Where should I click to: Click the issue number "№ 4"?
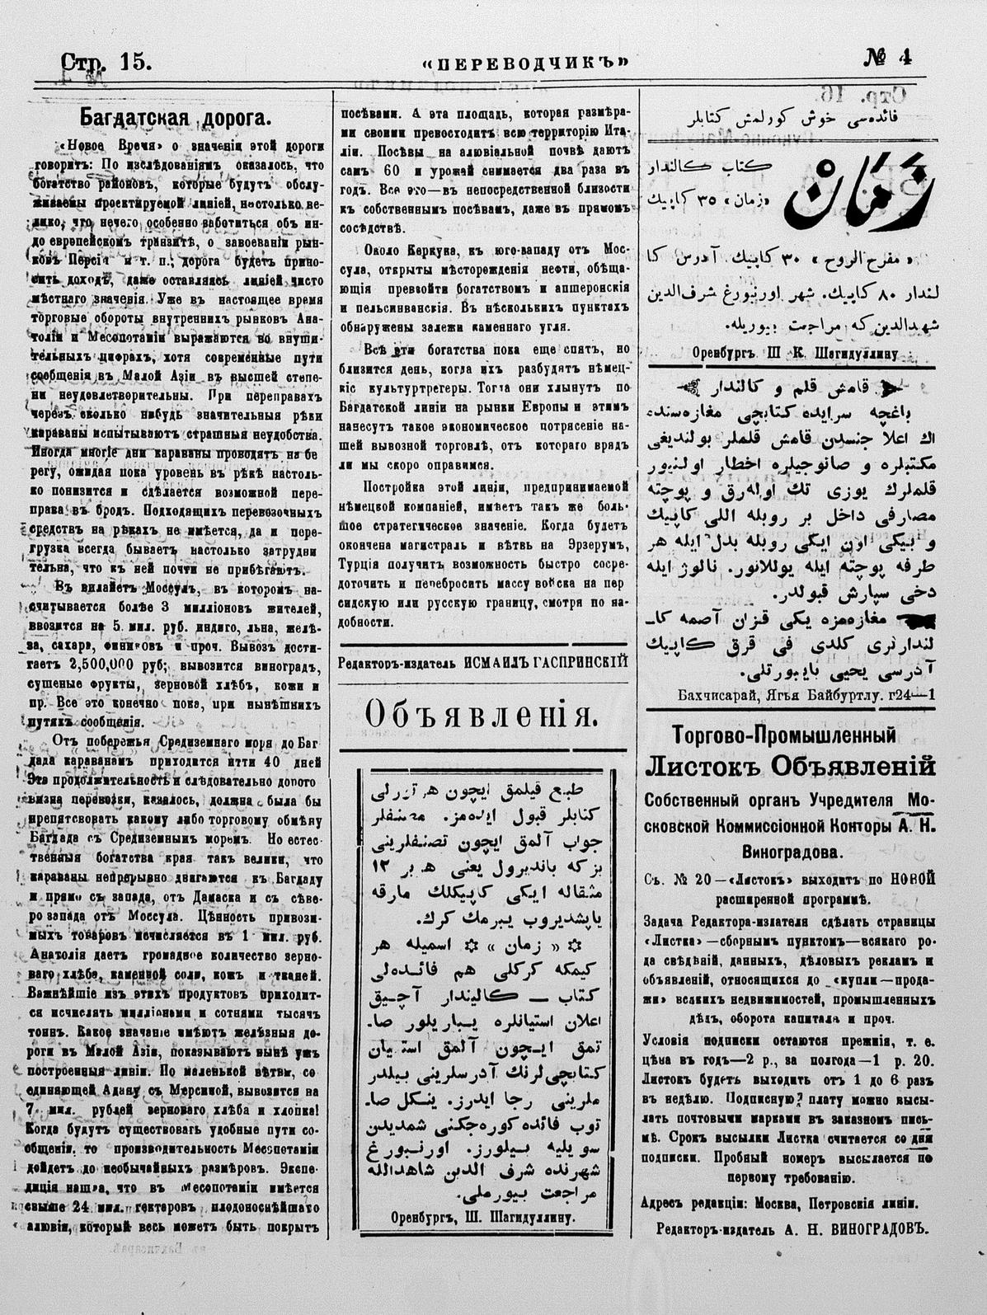click(887, 58)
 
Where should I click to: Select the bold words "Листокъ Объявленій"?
click(790, 767)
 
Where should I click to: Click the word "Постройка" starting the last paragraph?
click(387, 486)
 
